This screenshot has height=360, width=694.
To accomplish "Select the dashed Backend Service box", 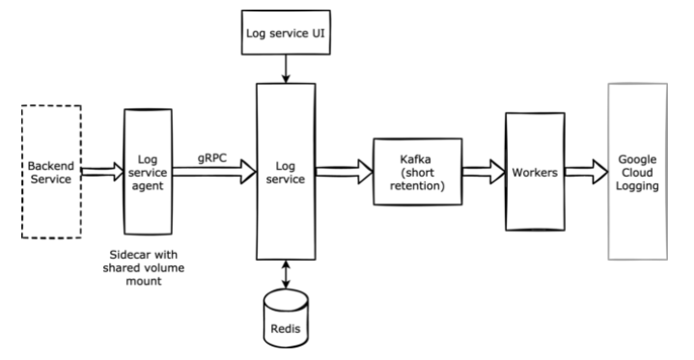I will tap(53, 172).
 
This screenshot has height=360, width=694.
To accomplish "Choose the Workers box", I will tap(534, 171).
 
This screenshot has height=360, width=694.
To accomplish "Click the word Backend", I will tap(53, 165).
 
